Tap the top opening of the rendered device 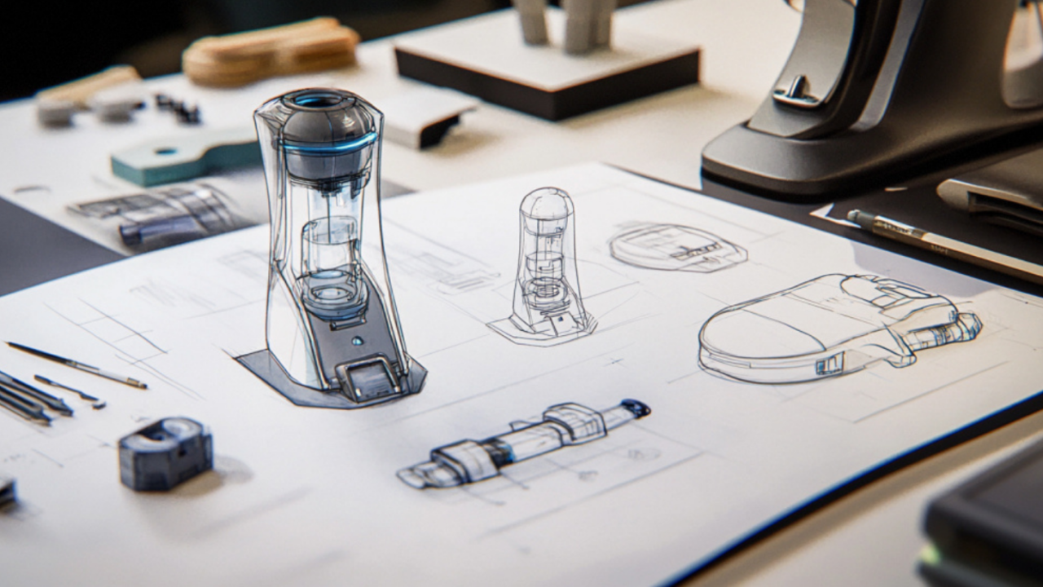coord(319,101)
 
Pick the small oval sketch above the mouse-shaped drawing coord(676,246)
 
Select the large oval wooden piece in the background coord(271,51)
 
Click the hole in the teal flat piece coord(166,151)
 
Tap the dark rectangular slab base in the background coord(546,68)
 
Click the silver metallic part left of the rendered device coord(163,216)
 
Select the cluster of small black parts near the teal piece coord(178,108)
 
